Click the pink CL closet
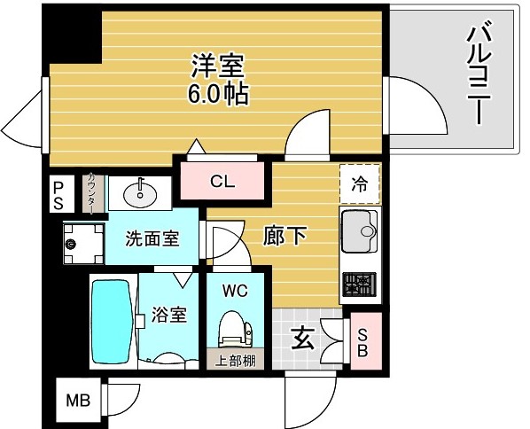pyautogui.click(x=222, y=182)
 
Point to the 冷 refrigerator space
pyautogui.click(x=359, y=185)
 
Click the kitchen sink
pyautogui.click(x=358, y=231)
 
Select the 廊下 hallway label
pyautogui.click(x=285, y=237)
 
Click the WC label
pyautogui.click(x=235, y=290)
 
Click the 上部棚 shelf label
pyautogui.click(x=235, y=361)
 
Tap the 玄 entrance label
pyautogui.click(x=302, y=338)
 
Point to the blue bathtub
pyautogui.click(x=112, y=321)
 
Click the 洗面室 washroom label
pyautogui.click(x=152, y=238)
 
